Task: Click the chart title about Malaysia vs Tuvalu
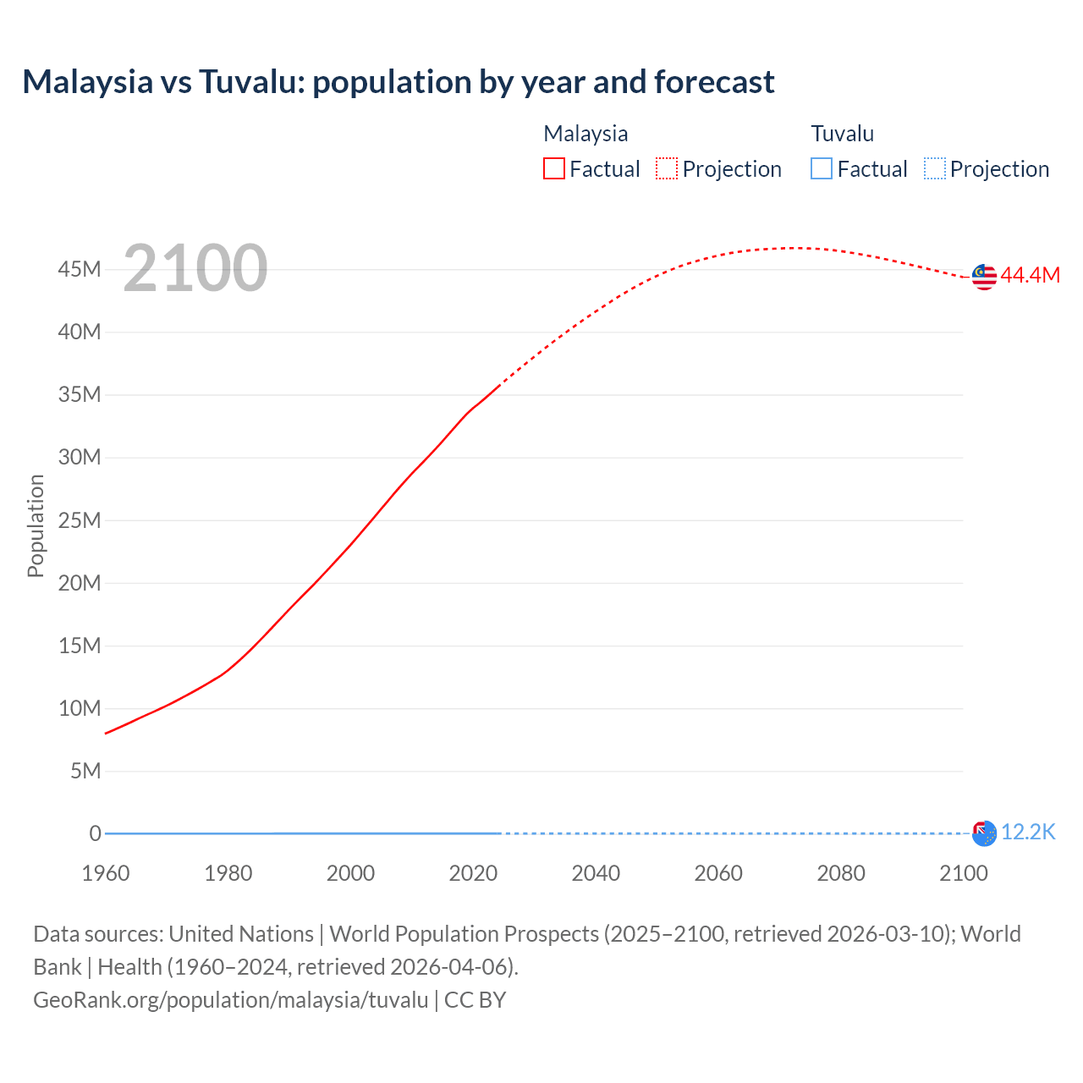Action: (x=398, y=82)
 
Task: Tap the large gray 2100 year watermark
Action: (x=195, y=268)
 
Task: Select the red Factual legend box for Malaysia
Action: (x=553, y=169)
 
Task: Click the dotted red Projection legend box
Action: (x=667, y=169)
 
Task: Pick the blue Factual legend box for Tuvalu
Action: (x=821, y=169)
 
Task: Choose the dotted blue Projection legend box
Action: (x=934, y=169)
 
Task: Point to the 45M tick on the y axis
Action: (x=80, y=269)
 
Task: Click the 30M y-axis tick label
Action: (x=80, y=458)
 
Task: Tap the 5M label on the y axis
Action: (x=85, y=771)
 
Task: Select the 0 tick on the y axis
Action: (x=95, y=833)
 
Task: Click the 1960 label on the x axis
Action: (x=106, y=873)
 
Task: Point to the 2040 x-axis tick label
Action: (x=596, y=873)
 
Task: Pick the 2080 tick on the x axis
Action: (x=841, y=873)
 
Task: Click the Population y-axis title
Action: (x=36, y=525)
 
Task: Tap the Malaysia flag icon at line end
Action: (x=984, y=277)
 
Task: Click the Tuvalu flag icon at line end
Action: (x=984, y=833)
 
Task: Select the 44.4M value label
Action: (x=1030, y=276)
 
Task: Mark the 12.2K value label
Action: (x=1028, y=833)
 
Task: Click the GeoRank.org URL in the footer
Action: (x=231, y=1000)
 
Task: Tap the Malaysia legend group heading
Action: (x=585, y=134)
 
